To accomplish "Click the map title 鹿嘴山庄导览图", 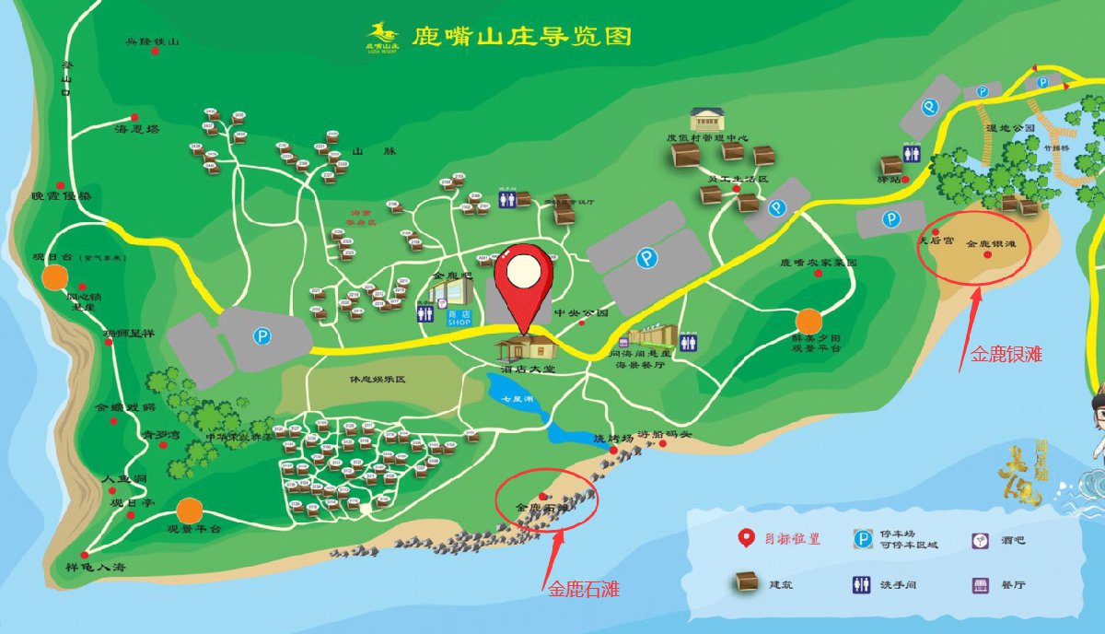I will [x=521, y=37].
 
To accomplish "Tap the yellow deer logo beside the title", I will [x=382, y=35].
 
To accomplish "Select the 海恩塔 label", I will [x=137, y=130].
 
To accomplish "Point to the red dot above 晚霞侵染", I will [x=61, y=185].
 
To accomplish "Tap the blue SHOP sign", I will [x=459, y=318].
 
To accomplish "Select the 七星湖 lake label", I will [x=518, y=399].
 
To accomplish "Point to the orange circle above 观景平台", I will [x=189, y=510].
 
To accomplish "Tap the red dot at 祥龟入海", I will [x=85, y=555].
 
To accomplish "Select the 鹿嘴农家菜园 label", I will [x=819, y=263].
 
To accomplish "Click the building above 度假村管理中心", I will [x=707, y=119].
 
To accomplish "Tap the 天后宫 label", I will [x=936, y=241].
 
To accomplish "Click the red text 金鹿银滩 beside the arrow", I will [x=1002, y=352].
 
